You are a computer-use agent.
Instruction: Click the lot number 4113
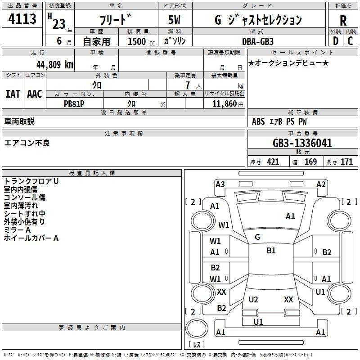[x=22, y=18]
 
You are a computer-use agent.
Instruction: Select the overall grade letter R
[x=343, y=20]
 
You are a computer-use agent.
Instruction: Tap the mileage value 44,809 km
[x=54, y=65]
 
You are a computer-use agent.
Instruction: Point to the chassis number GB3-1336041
[x=302, y=143]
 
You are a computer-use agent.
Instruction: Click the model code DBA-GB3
[x=258, y=41]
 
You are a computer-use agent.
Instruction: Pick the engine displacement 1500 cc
[x=141, y=41]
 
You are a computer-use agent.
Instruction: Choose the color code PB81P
[x=74, y=104]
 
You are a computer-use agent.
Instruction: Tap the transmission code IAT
[x=13, y=94]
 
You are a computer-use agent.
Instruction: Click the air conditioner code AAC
[x=35, y=94]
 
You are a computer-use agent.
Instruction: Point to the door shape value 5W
[x=174, y=20]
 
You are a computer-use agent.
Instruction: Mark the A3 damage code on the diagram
[x=220, y=184]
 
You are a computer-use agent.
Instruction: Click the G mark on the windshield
[x=257, y=237]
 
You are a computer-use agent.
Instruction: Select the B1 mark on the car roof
[x=271, y=251]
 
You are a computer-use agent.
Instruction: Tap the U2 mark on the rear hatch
[x=253, y=300]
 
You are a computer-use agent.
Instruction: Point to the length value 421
[x=273, y=162]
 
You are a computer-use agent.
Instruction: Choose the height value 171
[x=346, y=162]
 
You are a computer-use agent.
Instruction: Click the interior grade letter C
[x=350, y=41]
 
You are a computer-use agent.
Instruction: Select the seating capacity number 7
[x=188, y=85]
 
